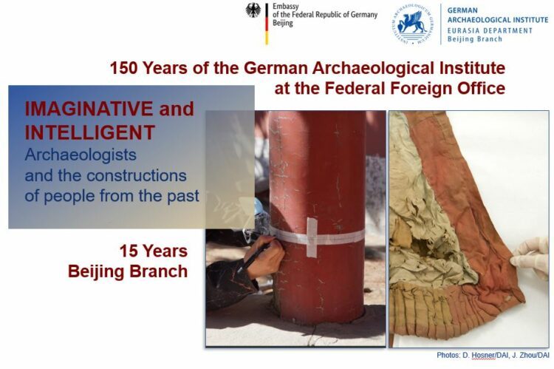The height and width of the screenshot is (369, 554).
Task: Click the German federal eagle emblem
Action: point(253,10)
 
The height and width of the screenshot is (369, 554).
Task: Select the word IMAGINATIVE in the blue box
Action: point(89,109)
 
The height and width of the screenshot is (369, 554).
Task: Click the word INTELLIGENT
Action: point(89,132)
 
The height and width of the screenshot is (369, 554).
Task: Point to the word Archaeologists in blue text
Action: point(81,155)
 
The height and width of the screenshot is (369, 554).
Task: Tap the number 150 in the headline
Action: point(123,68)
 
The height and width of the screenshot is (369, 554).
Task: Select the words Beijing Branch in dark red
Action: point(128,271)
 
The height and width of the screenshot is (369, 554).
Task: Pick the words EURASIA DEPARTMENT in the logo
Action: point(490,31)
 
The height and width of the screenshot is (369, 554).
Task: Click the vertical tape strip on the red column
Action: point(312,237)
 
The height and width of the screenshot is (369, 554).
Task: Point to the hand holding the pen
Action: point(266,257)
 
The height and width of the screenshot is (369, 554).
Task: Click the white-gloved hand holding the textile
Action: point(530,257)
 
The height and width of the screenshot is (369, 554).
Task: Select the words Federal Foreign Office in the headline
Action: point(415,88)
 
